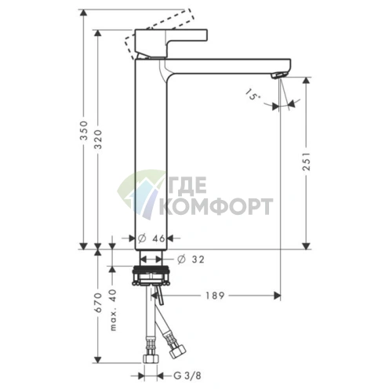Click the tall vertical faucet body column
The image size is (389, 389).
coord(151,157)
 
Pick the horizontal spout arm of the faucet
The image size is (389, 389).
coord(227,65)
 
